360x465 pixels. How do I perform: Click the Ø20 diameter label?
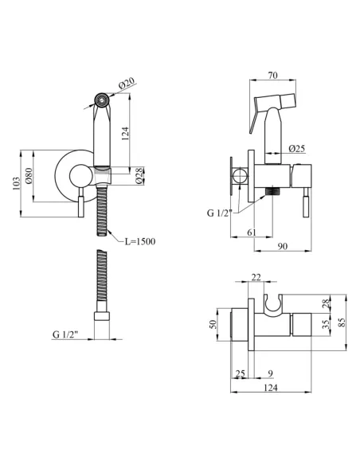pos(127,83)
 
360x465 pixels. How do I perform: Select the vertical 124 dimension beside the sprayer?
pos(125,134)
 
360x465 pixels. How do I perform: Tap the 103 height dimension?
pos(16,183)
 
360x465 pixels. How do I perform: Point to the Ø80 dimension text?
pos(29,175)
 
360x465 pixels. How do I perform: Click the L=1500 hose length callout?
pos(139,241)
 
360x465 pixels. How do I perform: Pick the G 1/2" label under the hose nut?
pos(65,334)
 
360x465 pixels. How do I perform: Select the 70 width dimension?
pos(273,76)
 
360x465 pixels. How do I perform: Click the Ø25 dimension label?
pos(296,148)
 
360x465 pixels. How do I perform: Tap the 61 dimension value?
pos(251,232)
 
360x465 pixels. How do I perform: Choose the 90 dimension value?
pos(283,246)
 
